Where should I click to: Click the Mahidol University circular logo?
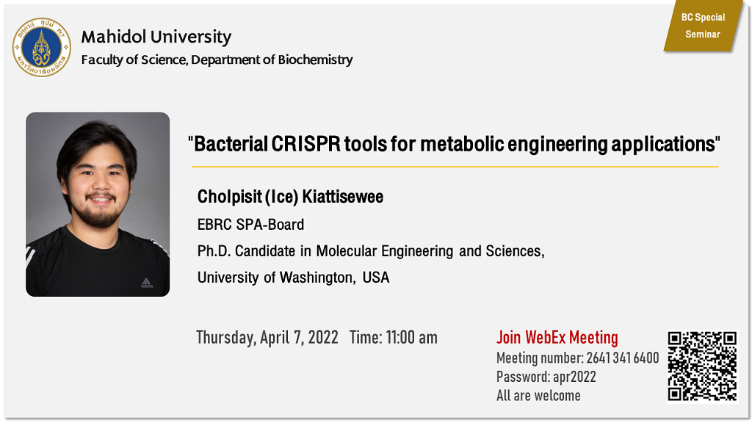(x=42, y=47)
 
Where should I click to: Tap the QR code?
(x=703, y=366)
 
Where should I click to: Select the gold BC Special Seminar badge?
(x=703, y=26)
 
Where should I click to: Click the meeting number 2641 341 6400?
(x=623, y=358)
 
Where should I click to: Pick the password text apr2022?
(x=574, y=377)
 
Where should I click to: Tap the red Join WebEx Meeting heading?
(x=557, y=337)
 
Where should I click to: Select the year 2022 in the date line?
(x=323, y=337)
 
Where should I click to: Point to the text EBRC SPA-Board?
(x=251, y=225)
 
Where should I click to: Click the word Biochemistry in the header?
(x=315, y=59)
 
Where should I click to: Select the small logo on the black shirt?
(x=147, y=283)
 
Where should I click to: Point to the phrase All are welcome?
(x=538, y=396)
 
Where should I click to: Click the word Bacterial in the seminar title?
(x=231, y=144)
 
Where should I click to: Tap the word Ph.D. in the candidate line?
(x=214, y=251)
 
